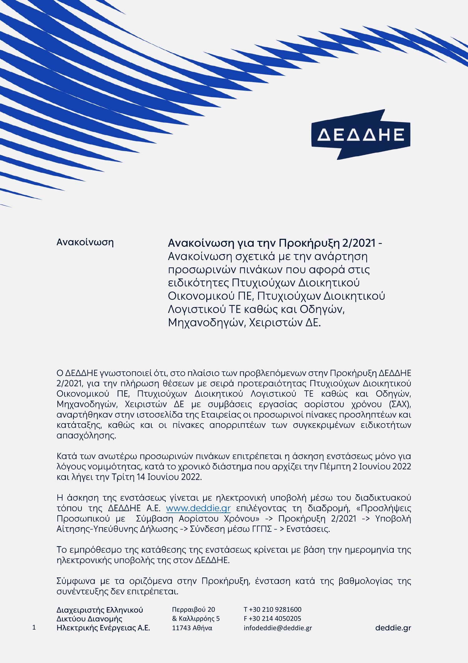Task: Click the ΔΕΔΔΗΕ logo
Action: coord(361,134)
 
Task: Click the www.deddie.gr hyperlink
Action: coord(198,508)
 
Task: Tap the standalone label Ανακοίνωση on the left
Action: coord(85,242)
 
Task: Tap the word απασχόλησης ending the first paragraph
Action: coord(86,436)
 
